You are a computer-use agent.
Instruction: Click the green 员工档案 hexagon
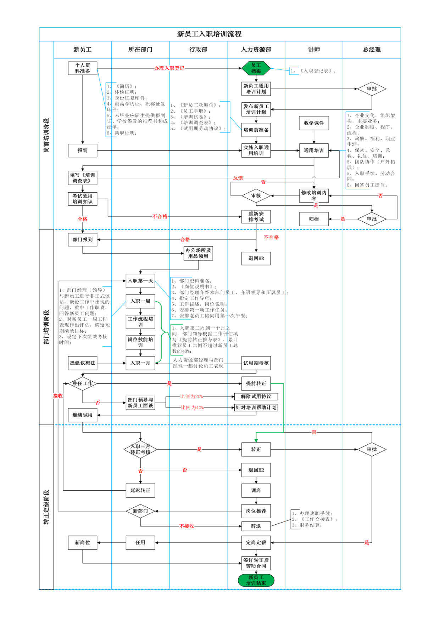256,68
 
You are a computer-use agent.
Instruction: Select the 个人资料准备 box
83,68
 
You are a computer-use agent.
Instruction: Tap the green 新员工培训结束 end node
256,580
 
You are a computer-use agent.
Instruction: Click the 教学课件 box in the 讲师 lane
314,123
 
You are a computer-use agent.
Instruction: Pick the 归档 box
314,219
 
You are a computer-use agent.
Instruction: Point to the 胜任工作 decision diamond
83,383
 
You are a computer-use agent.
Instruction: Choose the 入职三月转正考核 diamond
140,449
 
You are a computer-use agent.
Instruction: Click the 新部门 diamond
140,511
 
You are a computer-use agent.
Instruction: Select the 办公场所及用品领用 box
198,253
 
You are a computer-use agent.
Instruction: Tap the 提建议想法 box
83,363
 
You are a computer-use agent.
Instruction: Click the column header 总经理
372,50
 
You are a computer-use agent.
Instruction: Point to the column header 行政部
198,50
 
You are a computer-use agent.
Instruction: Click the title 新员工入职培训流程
209,34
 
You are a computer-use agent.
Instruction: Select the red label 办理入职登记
169,68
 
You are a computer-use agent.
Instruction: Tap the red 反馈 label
238,178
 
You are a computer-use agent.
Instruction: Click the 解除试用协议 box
256,397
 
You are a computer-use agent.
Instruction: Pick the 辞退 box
256,526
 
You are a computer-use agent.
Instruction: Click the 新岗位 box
83,542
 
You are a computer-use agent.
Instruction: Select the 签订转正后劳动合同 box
256,563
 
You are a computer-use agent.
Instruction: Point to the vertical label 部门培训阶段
46,327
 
